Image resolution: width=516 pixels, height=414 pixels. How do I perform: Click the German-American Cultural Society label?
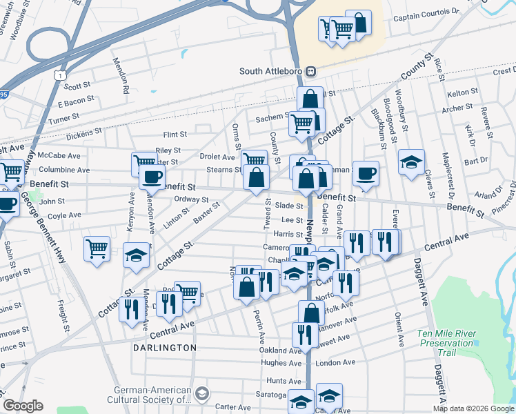click(x=149, y=394)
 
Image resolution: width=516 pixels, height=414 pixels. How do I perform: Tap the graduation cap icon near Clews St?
click(x=411, y=162)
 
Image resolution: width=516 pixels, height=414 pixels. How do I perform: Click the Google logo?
click(x=23, y=406)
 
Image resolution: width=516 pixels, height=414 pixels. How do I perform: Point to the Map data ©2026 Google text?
click(x=473, y=408)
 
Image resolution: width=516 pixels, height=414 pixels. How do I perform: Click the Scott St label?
click(x=77, y=86)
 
